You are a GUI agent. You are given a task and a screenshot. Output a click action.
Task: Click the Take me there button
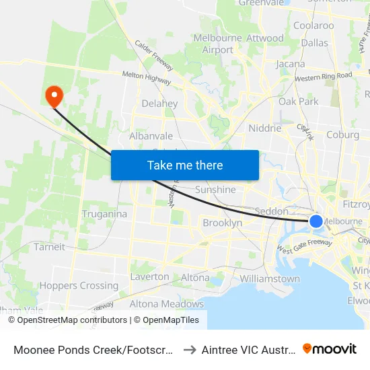pos(185,165)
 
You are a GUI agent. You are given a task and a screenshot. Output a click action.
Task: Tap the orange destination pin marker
pos(52,96)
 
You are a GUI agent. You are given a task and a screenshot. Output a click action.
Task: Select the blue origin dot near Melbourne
pos(316,221)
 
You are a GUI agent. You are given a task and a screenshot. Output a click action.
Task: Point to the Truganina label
pos(104,214)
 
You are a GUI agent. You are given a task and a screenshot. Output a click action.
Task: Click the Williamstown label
pos(269,279)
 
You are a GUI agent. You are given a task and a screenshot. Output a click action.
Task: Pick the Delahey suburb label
pos(159,104)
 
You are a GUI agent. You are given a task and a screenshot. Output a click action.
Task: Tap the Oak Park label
pos(299,102)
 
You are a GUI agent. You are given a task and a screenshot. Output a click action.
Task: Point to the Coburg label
pos(342,135)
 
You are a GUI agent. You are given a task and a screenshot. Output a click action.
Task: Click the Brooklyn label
pos(222,223)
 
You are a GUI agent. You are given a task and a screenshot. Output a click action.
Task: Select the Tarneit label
pos(50,247)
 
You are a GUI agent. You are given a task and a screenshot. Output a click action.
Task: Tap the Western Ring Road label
pos(323,75)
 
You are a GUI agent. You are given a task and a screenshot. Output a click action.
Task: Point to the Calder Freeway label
pos(154,56)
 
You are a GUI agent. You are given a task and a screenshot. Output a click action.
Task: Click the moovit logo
pos(330,348)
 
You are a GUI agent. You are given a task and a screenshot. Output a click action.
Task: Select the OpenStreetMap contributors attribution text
pos(67,320)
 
